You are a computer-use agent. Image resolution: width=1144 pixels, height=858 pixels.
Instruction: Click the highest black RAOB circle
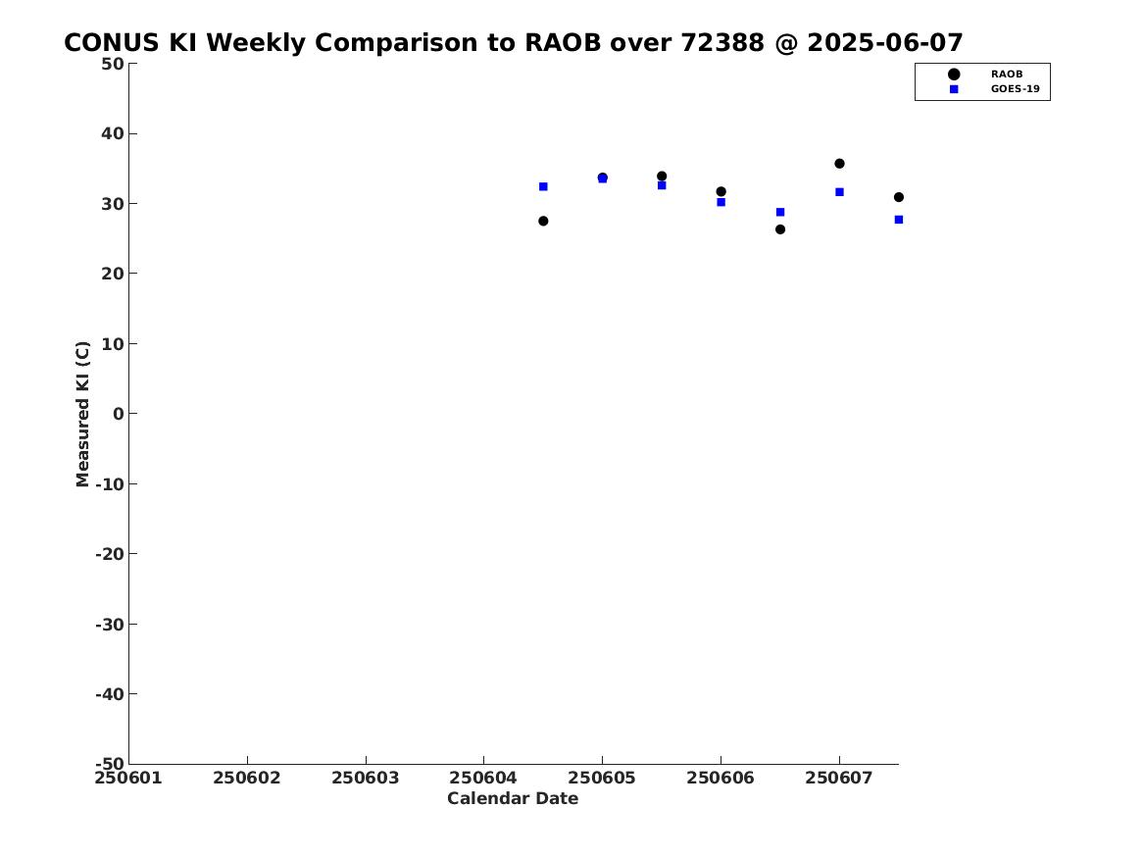[839, 164]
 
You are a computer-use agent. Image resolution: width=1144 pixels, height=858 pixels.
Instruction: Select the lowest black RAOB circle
[780, 229]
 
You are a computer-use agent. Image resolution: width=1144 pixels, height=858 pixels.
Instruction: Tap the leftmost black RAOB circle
[543, 222]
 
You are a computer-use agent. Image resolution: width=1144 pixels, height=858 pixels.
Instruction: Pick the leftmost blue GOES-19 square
[543, 186]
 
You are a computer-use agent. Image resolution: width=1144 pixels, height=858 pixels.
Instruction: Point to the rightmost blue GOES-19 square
[899, 220]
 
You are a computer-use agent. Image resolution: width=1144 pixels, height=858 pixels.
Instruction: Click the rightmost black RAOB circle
[899, 197]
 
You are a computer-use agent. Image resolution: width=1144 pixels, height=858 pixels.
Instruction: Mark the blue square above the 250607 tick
[839, 192]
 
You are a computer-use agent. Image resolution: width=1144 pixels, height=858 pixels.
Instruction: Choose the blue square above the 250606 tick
[721, 202]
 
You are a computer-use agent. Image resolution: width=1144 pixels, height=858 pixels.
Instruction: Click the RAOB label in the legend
[1006, 75]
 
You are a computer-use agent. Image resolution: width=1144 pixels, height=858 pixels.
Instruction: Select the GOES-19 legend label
[1015, 89]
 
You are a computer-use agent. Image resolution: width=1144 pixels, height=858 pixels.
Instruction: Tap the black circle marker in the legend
[953, 75]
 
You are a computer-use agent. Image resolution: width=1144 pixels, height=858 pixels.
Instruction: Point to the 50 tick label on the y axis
[112, 64]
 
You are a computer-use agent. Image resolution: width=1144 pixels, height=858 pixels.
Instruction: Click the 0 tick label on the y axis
[118, 414]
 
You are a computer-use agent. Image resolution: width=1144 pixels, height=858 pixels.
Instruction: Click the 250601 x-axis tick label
[128, 778]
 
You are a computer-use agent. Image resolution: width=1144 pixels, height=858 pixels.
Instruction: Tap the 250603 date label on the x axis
[366, 778]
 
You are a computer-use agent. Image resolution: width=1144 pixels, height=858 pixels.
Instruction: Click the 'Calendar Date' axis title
[513, 799]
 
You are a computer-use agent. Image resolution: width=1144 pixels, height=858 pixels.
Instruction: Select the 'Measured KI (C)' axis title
[83, 414]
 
